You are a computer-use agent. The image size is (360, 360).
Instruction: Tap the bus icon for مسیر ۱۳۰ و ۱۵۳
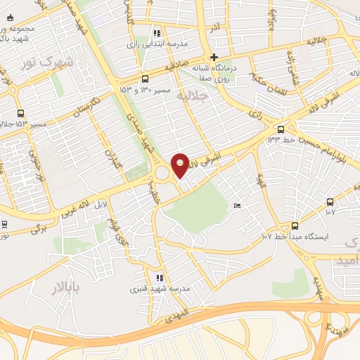(145, 79)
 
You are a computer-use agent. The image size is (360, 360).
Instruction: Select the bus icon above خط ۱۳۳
(281, 129)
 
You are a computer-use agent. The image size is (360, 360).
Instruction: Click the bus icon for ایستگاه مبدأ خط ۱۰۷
(295, 226)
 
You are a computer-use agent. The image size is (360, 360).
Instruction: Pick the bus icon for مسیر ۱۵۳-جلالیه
(20, 113)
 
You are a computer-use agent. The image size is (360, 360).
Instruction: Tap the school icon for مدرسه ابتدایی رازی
(156, 32)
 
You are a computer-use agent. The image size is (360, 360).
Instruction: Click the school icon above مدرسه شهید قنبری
(160, 278)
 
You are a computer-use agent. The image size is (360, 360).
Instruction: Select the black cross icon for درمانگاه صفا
(214, 57)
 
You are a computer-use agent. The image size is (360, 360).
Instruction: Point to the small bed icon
(237, 205)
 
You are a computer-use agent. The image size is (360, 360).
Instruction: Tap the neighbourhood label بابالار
(67, 287)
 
